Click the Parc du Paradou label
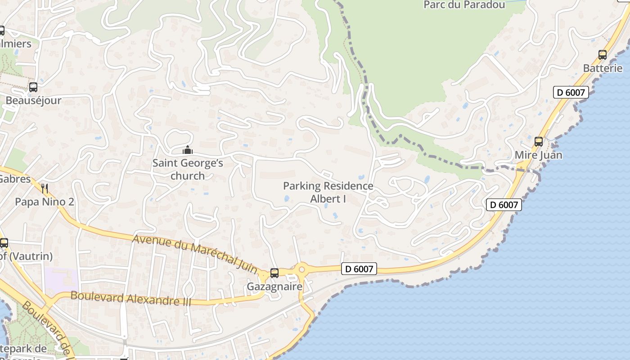[464, 5]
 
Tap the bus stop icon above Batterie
[603, 55]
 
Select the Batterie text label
[603, 68]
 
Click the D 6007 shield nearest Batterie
[571, 93]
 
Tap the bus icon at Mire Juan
[539, 142]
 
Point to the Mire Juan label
[538, 155]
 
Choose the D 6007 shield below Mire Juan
[504, 205]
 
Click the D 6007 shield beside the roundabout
[358, 269]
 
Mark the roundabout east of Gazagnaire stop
[301, 270]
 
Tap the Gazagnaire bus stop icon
[274, 273]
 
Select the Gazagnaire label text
[274, 286]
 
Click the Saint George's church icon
[188, 150]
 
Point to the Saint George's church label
[188, 169]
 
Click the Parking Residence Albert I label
[328, 192]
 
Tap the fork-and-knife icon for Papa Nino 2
[44, 188]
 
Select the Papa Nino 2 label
[44, 202]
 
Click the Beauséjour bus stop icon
[33, 87]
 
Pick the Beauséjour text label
[33, 100]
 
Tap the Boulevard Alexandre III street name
[131, 298]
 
